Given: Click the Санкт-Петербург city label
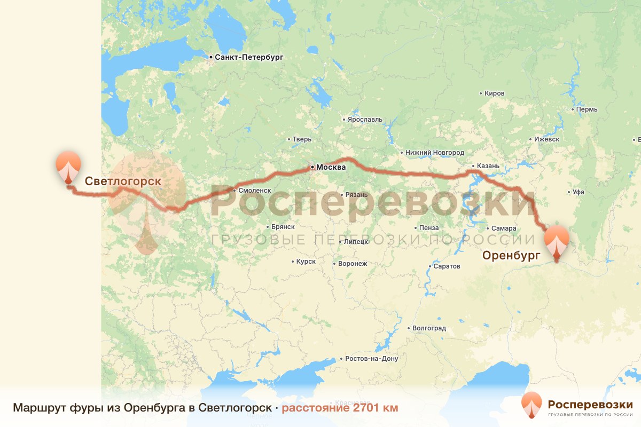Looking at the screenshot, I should coord(248,57).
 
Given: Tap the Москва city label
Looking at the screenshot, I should coord(331,168).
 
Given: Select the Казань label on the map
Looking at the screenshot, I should coord(488,166).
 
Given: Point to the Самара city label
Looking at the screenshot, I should coord(504,228).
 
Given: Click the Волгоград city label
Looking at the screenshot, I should coord(428,328).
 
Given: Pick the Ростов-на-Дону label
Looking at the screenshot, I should coord(372,359).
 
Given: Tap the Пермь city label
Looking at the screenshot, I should coord(587,109).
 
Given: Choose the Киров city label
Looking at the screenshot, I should coord(494,93).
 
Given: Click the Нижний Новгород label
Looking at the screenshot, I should coord(435,153).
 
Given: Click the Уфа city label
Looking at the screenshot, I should coord(578,192).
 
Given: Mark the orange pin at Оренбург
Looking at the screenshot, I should coord(557,243).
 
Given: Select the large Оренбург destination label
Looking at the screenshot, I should coord(512,255).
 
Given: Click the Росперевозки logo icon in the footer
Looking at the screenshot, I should coord(531,406).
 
